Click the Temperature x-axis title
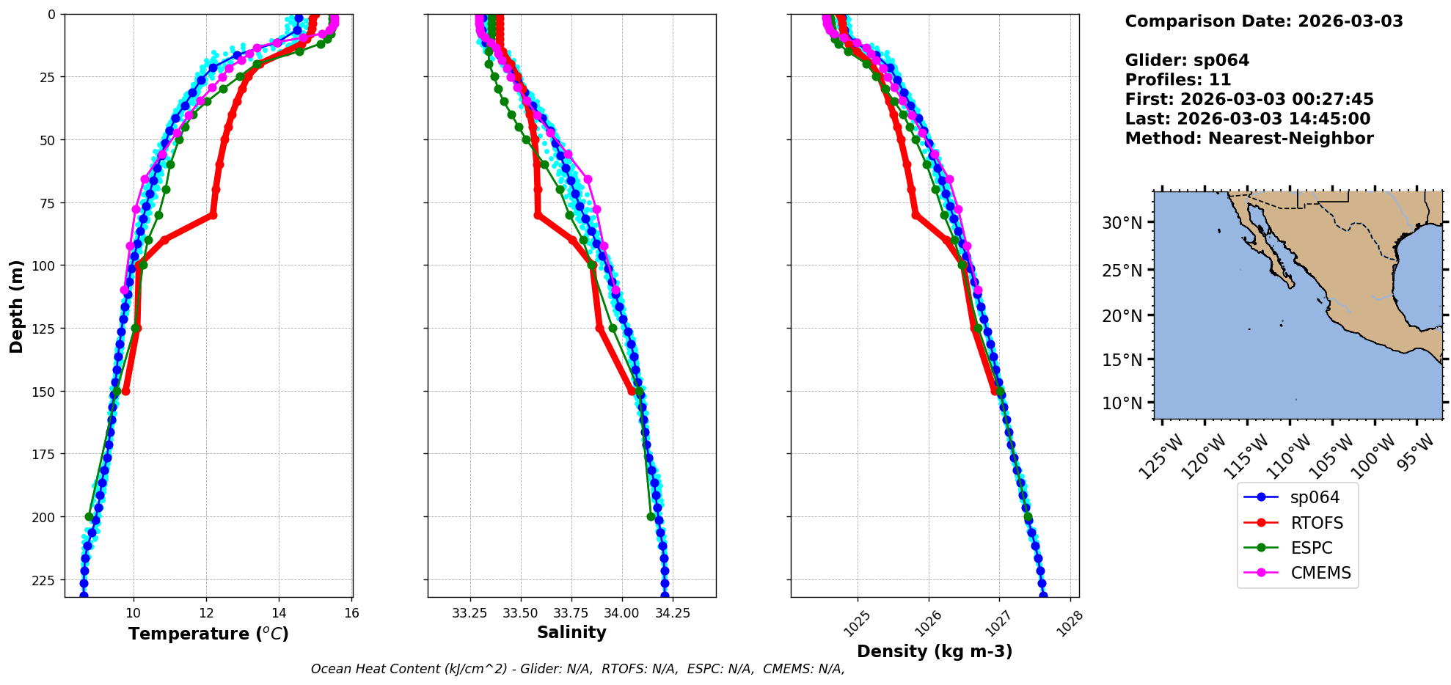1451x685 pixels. click(208, 634)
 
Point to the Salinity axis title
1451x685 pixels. click(571, 632)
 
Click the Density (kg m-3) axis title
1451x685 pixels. click(934, 651)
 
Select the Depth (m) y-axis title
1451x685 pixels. click(16, 306)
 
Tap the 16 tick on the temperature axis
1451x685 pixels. click(351, 613)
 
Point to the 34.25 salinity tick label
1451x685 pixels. click(673, 613)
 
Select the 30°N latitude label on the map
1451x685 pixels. click(1122, 223)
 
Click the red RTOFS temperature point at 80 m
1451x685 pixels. click(213, 215)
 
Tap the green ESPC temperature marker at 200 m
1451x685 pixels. click(89, 516)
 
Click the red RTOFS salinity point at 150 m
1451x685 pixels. click(632, 391)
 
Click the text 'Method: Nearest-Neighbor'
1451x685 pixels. click(1249, 139)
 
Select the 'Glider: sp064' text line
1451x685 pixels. click(1187, 61)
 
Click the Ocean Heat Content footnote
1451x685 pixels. click(577, 669)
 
